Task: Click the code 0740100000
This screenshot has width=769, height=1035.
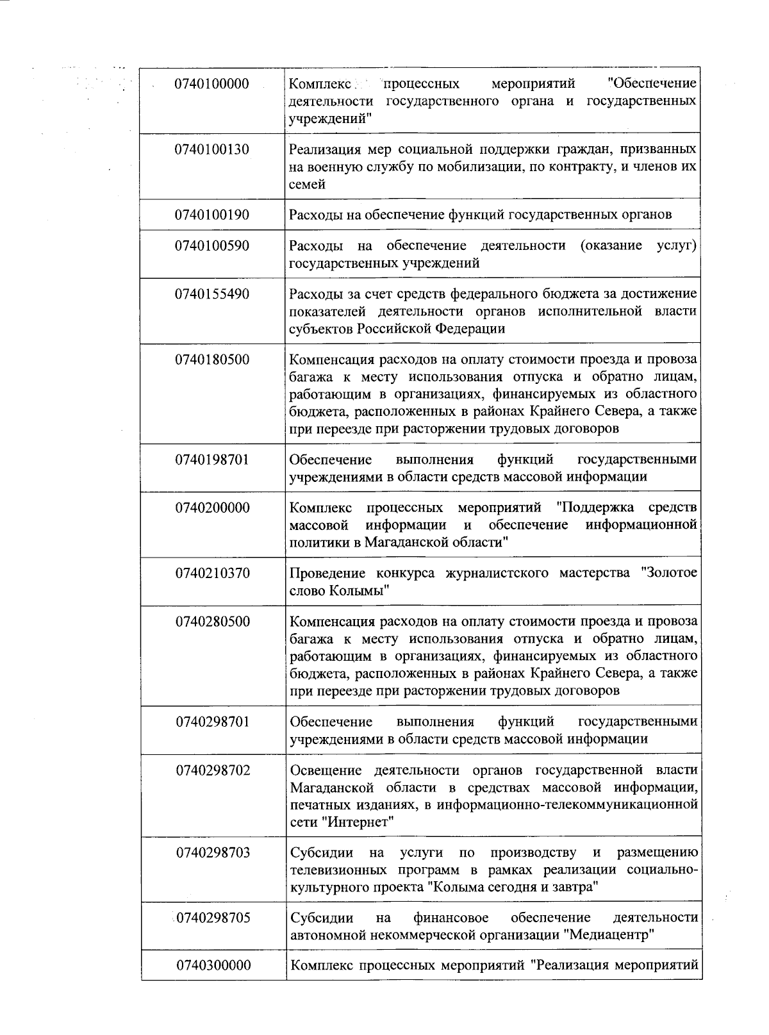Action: click(x=211, y=84)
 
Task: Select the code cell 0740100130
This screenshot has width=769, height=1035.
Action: click(x=211, y=150)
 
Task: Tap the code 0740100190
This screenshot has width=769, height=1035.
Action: click(x=211, y=215)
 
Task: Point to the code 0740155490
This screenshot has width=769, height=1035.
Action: click(x=211, y=294)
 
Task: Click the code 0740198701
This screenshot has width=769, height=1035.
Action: click(x=211, y=460)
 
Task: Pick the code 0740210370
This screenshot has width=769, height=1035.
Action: click(x=212, y=573)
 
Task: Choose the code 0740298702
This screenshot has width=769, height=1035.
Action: click(x=213, y=770)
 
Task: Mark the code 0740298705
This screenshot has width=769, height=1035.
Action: click(x=213, y=918)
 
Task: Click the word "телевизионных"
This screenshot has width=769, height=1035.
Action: click(x=338, y=870)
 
